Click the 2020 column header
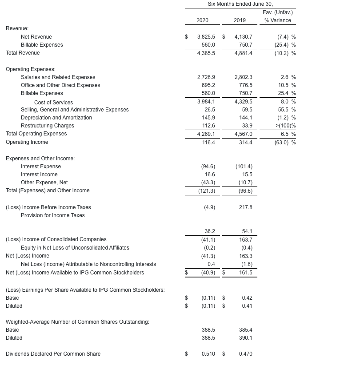pos(202,20)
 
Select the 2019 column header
pos(240,20)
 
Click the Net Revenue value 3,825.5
pos(206,37)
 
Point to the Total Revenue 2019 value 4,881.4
pos(243,53)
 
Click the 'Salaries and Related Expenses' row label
pos(58,77)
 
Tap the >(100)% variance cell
pos(286,126)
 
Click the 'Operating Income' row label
pos(27,142)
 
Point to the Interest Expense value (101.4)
pos(244,167)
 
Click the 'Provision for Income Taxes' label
pos(52,215)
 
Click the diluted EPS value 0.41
pos(247,306)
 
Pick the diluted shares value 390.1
pos(246,338)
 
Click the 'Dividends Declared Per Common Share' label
pos(53,354)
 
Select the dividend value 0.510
pos(208,354)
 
